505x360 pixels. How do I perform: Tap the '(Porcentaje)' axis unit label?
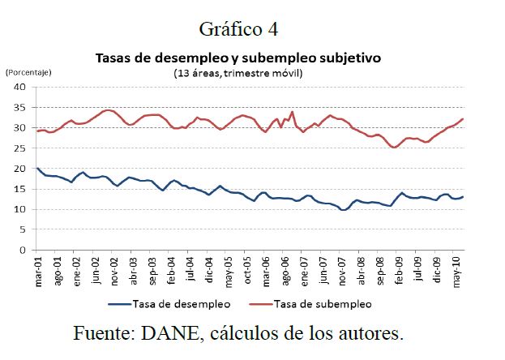pos(28,72)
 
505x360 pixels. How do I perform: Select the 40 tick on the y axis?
pos(22,87)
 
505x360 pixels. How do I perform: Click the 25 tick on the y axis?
pos(22,148)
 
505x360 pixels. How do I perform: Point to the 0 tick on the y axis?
pos(24,251)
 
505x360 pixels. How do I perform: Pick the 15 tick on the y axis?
pos(22,189)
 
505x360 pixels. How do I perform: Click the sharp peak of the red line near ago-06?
pos(292,112)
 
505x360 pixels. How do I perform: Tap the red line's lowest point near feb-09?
pos(394,148)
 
